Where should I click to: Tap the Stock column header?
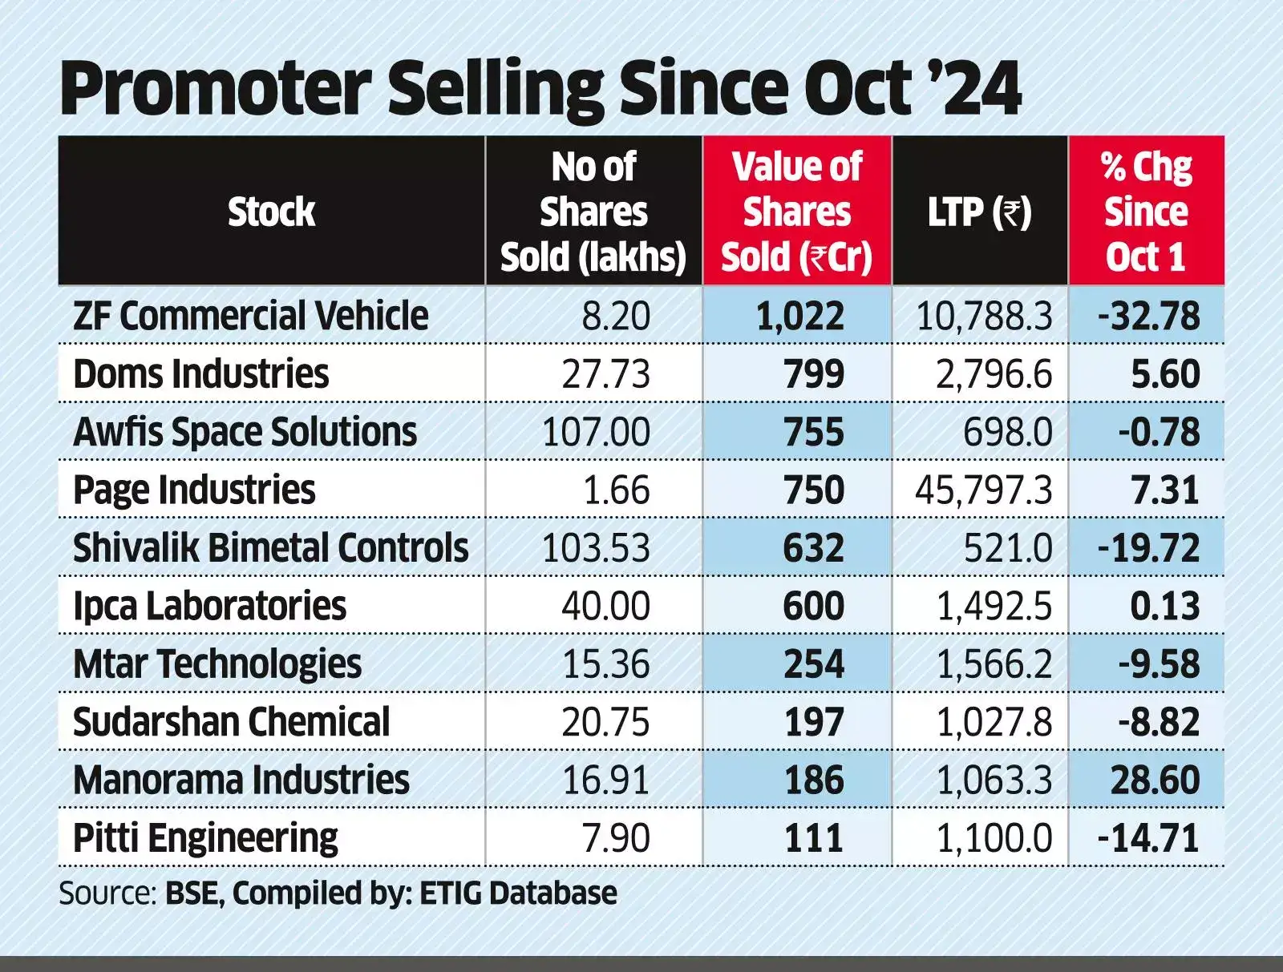[x=271, y=212]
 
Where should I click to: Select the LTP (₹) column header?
[x=979, y=212]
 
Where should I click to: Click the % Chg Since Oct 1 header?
[x=1146, y=212]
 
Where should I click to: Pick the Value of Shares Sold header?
[x=796, y=212]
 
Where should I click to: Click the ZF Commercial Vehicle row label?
[x=250, y=316]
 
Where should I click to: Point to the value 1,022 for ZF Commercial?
[x=799, y=317]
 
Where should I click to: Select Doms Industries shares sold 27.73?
[x=605, y=374]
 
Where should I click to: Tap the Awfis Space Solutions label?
[x=245, y=432]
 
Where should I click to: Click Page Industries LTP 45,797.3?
[x=983, y=490]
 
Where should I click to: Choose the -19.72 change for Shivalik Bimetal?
[x=1148, y=548]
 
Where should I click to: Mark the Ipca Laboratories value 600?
[x=813, y=606]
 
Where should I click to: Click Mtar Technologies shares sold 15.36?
[x=605, y=664]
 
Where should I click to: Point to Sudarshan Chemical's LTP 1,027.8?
[x=994, y=722]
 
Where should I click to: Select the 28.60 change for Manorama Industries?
[x=1155, y=780]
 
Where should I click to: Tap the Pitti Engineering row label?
[x=205, y=838]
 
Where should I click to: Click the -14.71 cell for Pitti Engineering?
[x=1148, y=838]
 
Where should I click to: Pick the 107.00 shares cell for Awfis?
[x=596, y=432]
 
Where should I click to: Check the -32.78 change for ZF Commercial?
[x=1148, y=317]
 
